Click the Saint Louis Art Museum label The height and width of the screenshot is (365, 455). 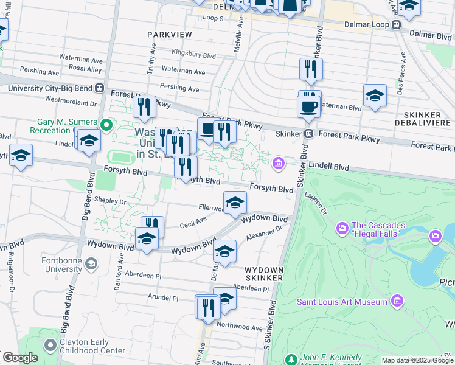pyautogui.click(x=342, y=302)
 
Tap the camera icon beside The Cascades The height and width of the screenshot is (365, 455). pyautogui.click(x=341, y=229)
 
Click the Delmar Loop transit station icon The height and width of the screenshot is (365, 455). pyautogui.click(x=396, y=25)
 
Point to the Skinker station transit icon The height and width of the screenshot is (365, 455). pyautogui.click(x=309, y=134)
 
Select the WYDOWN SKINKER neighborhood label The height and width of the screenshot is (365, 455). pyautogui.click(x=264, y=273)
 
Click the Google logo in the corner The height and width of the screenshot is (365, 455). pyautogui.click(x=20, y=357)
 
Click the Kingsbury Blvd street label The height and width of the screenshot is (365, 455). pyautogui.click(x=193, y=54)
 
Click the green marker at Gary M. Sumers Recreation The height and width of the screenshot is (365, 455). pyautogui.click(x=106, y=127)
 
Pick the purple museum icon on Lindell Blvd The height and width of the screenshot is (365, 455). pyautogui.click(x=279, y=162)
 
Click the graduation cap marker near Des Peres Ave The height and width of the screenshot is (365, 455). pyautogui.click(x=375, y=96)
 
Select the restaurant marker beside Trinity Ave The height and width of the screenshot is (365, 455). pyautogui.click(x=144, y=107)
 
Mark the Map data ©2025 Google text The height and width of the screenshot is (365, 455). pyautogui.click(x=417, y=360)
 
